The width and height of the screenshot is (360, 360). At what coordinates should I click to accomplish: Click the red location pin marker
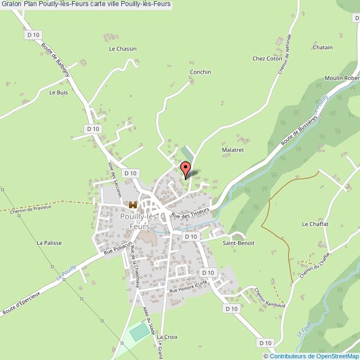[x=186, y=168]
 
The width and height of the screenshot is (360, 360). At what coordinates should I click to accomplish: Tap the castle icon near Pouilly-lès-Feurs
[x=132, y=205]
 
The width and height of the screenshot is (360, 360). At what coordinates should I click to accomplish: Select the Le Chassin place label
[x=122, y=49]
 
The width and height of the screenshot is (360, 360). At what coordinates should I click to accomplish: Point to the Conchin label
[x=200, y=72]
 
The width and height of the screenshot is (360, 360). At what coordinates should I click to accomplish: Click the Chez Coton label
[x=267, y=58]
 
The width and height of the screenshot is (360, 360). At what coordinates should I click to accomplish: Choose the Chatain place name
[x=322, y=48]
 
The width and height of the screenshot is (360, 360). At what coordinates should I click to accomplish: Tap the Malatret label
[x=233, y=150]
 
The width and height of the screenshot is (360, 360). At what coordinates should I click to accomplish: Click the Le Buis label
[x=58, y=92]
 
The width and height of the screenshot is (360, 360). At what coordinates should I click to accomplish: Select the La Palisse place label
[x=49, y=243]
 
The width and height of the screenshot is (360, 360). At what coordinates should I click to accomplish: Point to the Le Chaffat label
[x=315, y=224]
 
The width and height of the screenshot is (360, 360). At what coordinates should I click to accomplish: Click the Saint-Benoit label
[x=238, y=243]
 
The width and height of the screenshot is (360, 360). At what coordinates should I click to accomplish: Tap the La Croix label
[x=166, y=337]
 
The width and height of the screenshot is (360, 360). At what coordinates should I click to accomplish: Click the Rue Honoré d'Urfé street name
[x=188, y=286]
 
